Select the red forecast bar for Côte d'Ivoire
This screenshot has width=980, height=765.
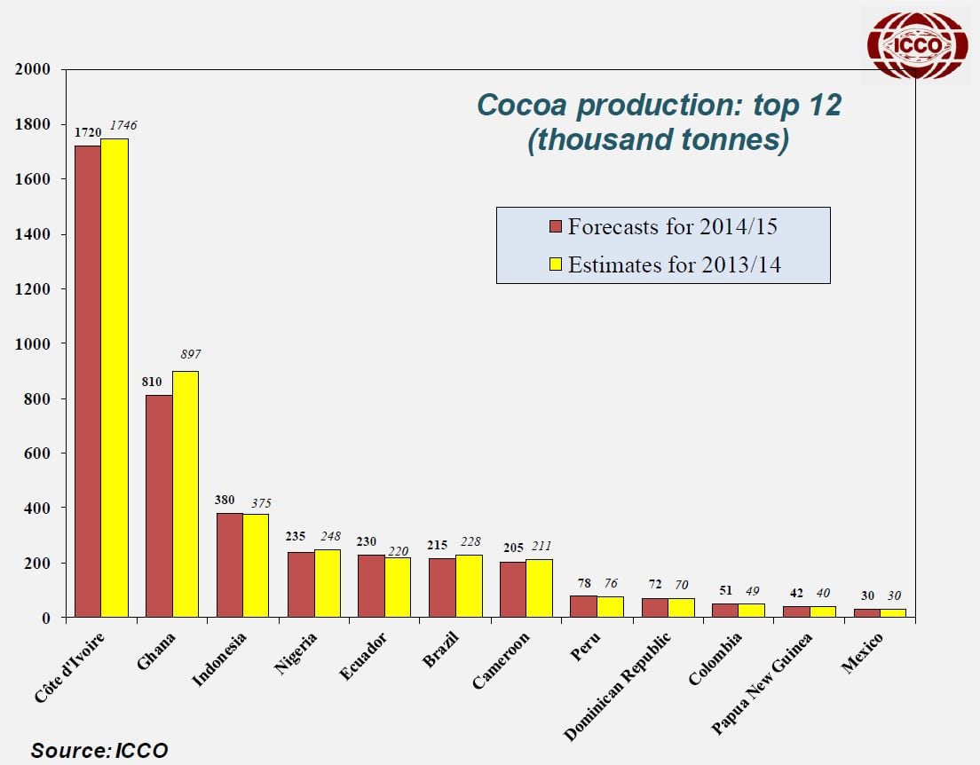click(87, 382)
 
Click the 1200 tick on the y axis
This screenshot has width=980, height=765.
click(34, 289)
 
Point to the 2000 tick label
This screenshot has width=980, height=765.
click(34, 70)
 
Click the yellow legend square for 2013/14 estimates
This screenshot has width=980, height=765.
click(556, 264)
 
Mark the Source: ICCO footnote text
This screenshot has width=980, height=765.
click(99, 750)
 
